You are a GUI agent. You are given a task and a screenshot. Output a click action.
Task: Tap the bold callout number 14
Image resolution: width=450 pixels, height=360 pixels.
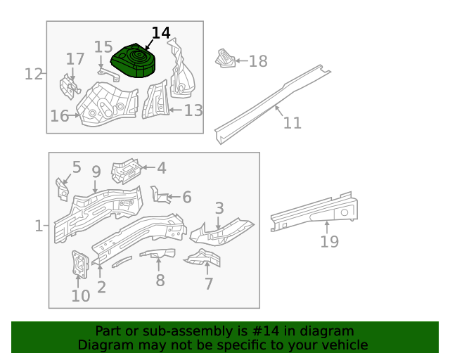tap(161, 33)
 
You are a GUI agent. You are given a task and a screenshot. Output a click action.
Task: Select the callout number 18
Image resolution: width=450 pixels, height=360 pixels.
tap(258, 61)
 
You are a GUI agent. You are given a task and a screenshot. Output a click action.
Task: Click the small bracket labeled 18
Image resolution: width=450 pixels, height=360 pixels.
tap(225, 59)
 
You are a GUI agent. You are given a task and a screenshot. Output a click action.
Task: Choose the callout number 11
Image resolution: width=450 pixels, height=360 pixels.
tap(292, 123)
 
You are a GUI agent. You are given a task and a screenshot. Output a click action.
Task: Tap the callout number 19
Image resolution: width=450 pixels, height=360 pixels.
tap(329, 242)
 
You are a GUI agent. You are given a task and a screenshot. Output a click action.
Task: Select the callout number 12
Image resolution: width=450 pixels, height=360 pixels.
tap(33, 73)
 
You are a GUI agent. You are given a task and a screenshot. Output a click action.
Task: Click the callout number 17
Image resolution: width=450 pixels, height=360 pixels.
tap(75, 59)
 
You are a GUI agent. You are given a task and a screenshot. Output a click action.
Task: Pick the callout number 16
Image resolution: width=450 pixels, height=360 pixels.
tap(59, 116)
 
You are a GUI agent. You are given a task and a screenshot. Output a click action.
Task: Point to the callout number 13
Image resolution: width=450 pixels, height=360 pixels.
tap(193, 110)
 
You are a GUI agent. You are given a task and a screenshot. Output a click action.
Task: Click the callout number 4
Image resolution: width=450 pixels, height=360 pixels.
tap(162, 168)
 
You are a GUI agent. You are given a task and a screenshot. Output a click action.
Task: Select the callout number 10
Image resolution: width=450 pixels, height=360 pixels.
tap(81, 295)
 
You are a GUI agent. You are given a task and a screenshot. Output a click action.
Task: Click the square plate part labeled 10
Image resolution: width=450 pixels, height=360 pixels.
tap(80, 264)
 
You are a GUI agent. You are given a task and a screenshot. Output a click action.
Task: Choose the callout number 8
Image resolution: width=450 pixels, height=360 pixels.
tap(160, 281)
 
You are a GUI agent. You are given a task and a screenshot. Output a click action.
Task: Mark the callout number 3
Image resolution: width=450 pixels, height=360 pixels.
tap(219, 208)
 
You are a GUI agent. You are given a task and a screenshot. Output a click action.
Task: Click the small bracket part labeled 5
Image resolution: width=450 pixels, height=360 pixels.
tap(62, 188)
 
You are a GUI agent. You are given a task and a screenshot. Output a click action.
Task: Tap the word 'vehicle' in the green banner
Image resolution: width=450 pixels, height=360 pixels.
tap(343, 345)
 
